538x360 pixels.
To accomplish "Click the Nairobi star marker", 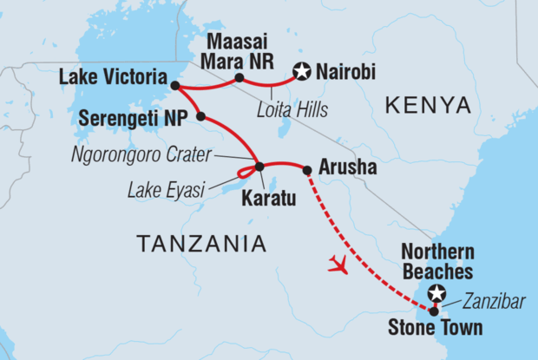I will click(302, 72).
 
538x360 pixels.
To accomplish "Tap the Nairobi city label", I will click(345, 72).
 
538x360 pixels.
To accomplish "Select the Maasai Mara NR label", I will click(239, 53).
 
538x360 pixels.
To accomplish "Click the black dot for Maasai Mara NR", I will click(239, 78).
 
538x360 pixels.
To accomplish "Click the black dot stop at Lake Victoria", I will click(175, 86).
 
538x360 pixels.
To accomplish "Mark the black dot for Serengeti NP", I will click(200, 116).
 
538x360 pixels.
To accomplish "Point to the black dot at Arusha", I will click(306, 170).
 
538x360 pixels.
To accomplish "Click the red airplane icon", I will click(338, 265).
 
